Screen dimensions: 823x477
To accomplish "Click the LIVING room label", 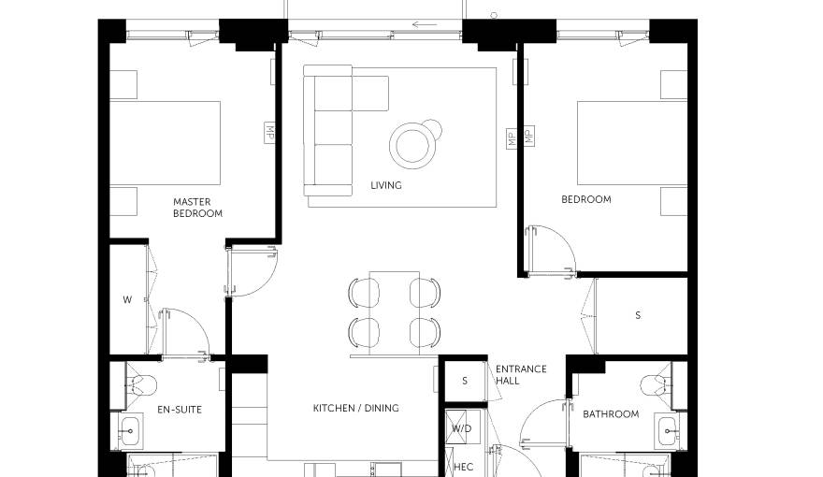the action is tap(386, 185).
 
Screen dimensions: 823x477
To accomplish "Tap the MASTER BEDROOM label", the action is tap(198, 208).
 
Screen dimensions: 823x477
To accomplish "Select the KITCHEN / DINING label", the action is tap(356, 408).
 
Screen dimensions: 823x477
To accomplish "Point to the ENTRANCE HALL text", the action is tap(521, 375).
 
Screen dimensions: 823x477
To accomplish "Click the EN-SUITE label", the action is tap(180, 410).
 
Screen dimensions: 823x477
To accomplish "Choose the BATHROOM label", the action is tap(611, 414).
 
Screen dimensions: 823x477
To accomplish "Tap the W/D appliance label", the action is tap(462, 428).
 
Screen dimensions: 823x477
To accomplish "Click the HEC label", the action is tap(464, 467).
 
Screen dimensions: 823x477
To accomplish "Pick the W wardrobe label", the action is tap(127, 299).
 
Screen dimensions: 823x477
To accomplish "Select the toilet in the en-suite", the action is tap(142, 384).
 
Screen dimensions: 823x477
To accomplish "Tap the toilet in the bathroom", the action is tap(657, 384).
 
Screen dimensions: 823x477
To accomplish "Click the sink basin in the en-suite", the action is tap(129, 431).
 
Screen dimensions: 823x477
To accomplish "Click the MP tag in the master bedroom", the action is tap(269, 133).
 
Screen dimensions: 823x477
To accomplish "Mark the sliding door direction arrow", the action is tap(425, 24).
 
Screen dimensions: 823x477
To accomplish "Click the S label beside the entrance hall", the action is tap(465, 381).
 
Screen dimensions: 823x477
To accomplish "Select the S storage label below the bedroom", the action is tap(638, 315).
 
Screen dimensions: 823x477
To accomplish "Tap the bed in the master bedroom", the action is tap(165, 143).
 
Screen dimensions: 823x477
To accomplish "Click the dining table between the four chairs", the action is tap(394, 313).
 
